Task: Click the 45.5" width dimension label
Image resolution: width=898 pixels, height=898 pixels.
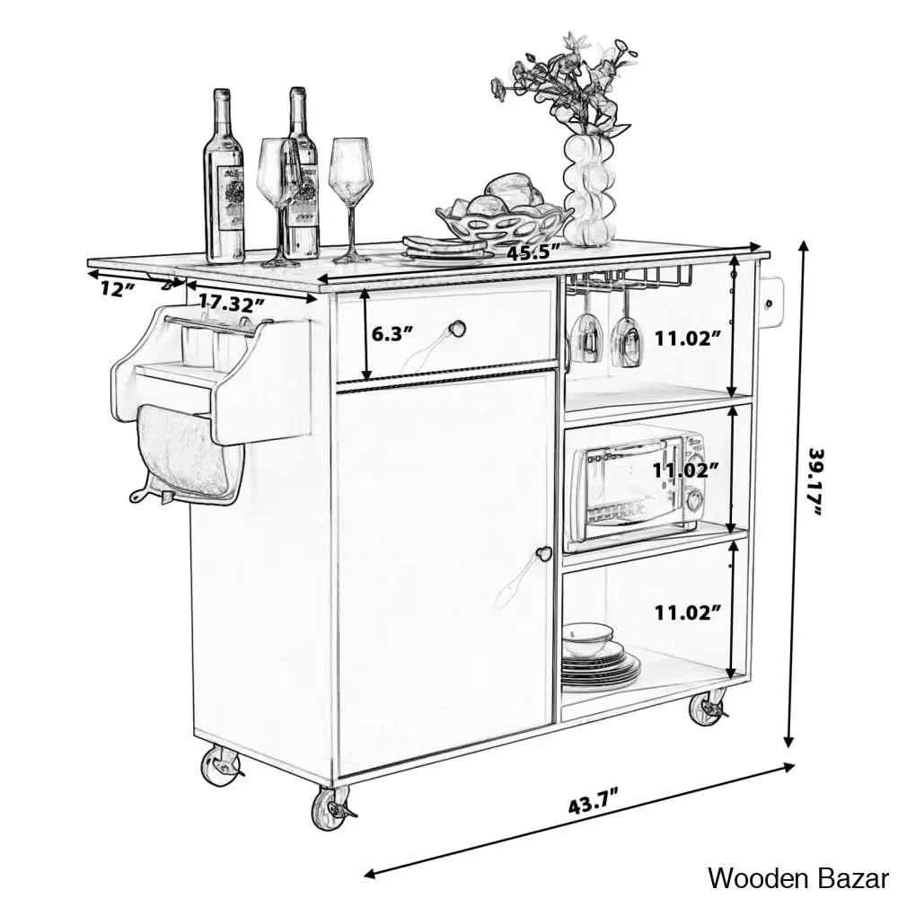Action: tap(533, 252)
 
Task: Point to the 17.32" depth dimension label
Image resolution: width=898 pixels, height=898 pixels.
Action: tap(232, 303)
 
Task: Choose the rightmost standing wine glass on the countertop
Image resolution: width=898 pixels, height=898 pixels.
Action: tap(350, 199)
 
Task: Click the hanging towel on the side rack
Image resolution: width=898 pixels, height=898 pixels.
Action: tap(184, 453)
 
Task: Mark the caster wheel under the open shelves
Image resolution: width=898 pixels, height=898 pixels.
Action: tap(709, 710)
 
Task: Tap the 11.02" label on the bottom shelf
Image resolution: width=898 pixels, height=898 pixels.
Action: tap(687, 613)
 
